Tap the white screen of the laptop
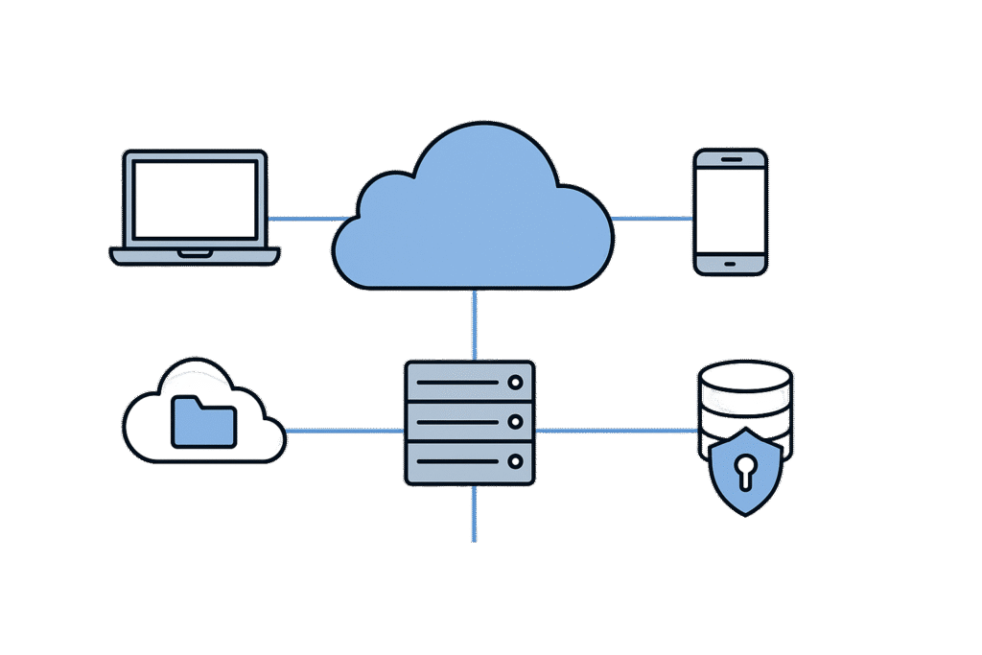pos(196,199)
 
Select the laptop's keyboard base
pos(196,256)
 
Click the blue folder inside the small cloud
pos(203,423)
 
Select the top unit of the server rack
pos(469,382)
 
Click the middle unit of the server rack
pos(469,422)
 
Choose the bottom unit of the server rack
pos(469,461)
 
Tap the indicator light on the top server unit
pos(515,382)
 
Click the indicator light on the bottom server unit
pos(515,461)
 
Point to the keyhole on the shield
pos(745,469)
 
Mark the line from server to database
pos(614,431)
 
